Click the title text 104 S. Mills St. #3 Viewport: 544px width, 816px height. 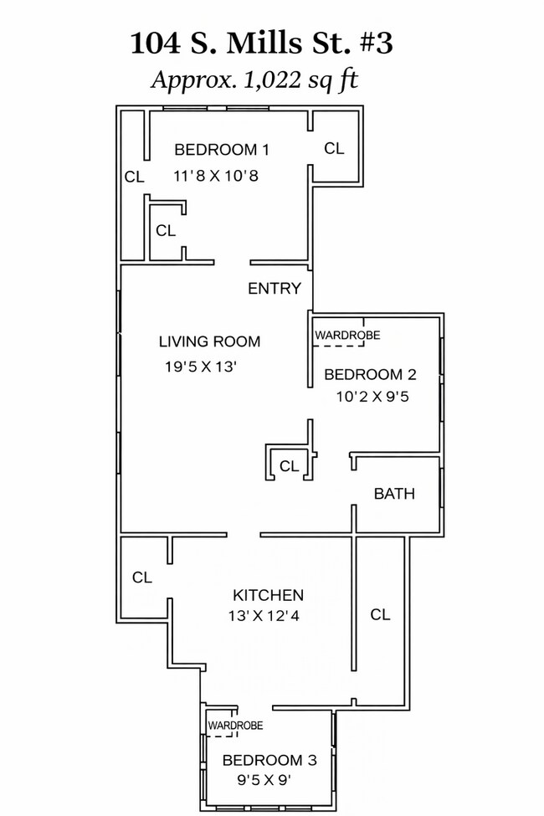(x=261, y=44)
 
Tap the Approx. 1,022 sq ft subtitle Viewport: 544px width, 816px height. (x=254, y=80)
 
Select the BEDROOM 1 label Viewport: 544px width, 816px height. (x=222, y=150)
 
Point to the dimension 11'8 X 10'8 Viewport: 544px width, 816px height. (x=216, y=176)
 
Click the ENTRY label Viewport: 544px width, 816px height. (x=275, y=288)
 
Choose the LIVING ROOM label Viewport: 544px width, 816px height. (x=209, y=342)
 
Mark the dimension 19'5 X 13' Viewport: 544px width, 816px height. (x=201, y=367)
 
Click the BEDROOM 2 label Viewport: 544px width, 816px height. (x=370, y=375)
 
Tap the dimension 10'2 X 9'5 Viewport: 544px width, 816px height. (x=372, y=397)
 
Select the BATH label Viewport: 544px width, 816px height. (x=394, y=493)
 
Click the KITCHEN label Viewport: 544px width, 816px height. (x=268, y=595)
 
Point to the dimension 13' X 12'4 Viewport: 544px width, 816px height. (x=264, y=616)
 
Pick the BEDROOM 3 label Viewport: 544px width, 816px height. (x=269, y=760)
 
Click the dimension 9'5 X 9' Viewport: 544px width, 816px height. (x=264, y=781)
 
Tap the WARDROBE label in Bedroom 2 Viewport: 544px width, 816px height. (x=347, y=335)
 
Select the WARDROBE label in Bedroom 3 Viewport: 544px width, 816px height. (x=235, y=726)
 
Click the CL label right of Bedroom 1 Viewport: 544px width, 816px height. (x=334, y=149)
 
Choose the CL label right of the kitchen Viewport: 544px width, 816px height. (x=380, y=615)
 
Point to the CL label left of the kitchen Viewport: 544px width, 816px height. (x=142, y=577)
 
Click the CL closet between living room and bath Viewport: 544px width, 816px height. (x=290, y=466)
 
